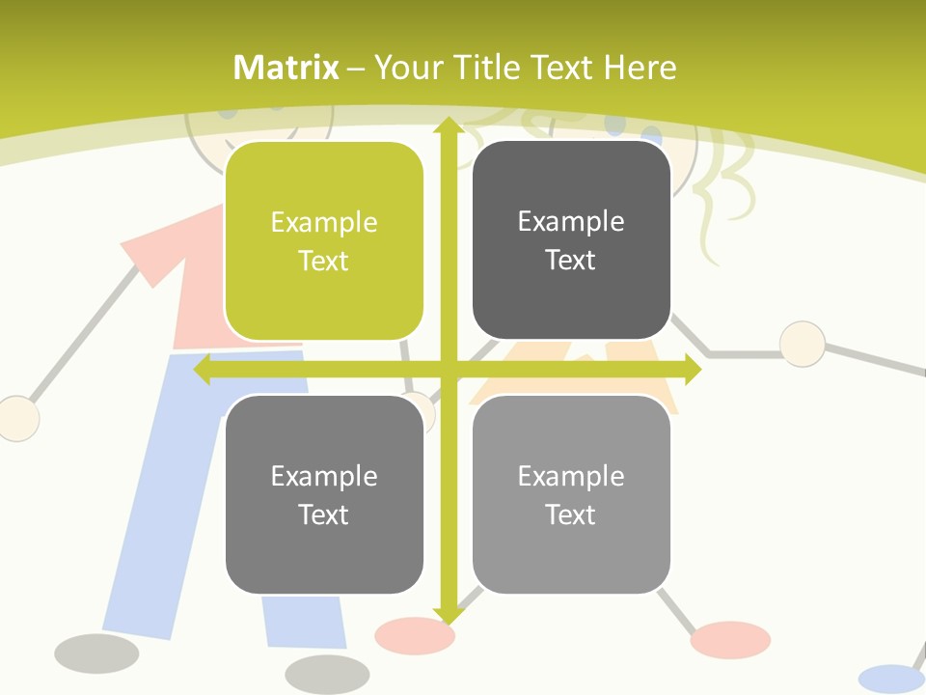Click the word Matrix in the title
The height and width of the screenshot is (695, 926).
click(286, 68)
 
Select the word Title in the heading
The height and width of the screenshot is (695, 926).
click(491, 68)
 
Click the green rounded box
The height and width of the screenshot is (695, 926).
click(324, 241)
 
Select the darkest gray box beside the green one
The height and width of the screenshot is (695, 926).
click(571, 240)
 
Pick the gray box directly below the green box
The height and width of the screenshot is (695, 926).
click(324, 494)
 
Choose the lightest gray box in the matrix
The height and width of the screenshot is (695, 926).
click(571, 494)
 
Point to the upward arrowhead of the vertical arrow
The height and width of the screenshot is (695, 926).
click(448, 125)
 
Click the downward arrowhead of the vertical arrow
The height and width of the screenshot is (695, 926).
click(448, 614)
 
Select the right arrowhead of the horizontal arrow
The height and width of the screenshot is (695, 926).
click(693, 370)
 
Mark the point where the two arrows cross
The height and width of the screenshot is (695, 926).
click(448, 370)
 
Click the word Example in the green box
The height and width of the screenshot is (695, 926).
click(324, 223)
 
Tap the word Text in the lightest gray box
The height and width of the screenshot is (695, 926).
click(571, 514)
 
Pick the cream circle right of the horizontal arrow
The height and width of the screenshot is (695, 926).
click(802, 345)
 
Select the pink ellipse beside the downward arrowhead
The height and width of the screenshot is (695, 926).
click(414, 635)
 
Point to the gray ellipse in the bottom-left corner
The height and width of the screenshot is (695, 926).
click(96, 653)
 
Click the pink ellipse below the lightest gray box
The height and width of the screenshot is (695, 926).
click(730, 639)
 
